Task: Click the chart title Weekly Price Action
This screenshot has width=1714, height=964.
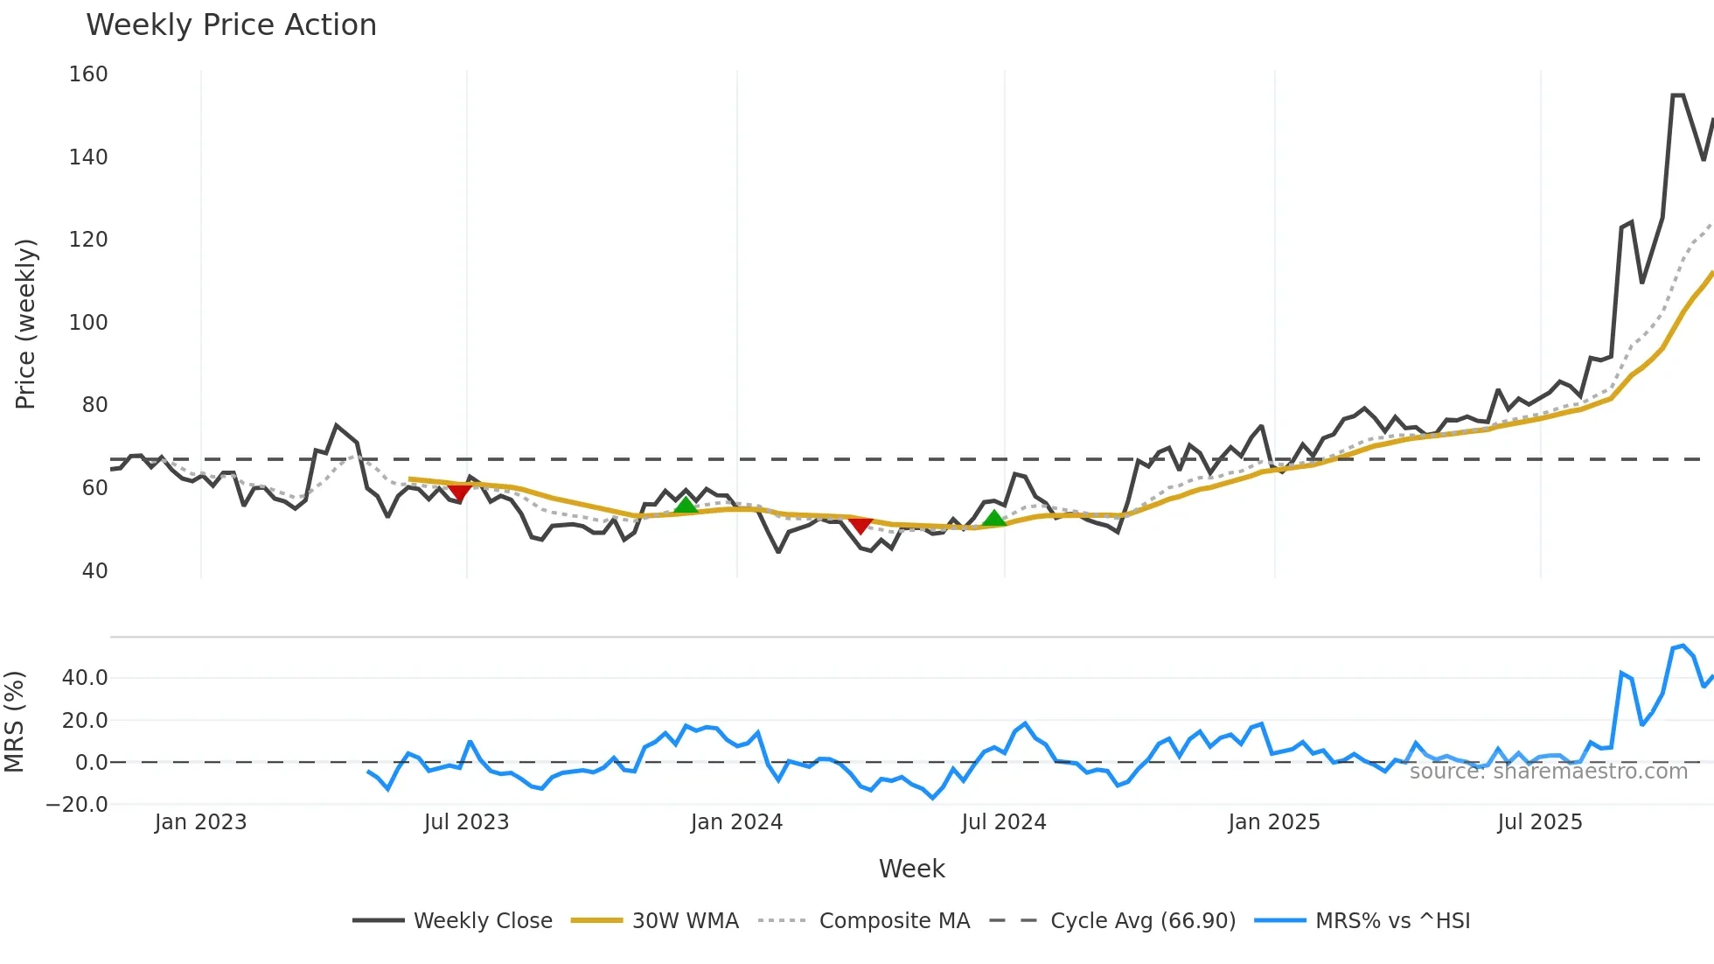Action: (x=231, y=25)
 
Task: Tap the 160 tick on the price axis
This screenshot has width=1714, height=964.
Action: (x=88, y=74)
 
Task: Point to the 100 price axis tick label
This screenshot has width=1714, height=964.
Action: (x=88, y=323)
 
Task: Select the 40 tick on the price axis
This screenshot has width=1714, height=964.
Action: (x=94, y=571)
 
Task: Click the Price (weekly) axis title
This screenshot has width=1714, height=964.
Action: (x=25, y=324)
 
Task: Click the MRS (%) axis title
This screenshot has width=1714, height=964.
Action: (x=14, y=722)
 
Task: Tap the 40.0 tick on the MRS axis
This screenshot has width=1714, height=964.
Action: (x=85, y=678)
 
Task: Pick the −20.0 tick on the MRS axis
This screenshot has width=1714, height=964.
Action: (x=77, y=805)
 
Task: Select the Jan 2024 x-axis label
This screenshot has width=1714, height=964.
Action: (x=736, y=822)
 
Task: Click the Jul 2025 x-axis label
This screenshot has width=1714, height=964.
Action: (x=1540, y=822)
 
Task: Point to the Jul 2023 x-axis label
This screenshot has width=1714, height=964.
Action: (x=466, y=822)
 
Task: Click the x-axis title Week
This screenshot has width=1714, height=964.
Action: (x=911, y=869)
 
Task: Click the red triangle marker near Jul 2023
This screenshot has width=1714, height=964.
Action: (x=459, y=492)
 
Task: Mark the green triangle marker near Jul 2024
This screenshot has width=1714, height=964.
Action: (x=994, y=519)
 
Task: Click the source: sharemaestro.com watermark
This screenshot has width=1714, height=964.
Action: (x=1548, y=772)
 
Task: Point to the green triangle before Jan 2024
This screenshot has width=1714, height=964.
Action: (x=686, y=505)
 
